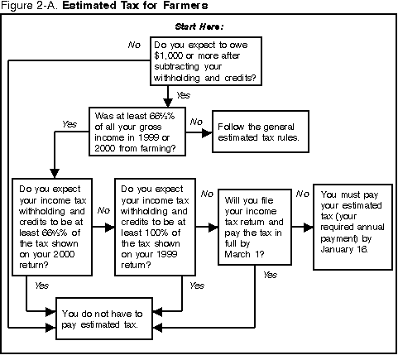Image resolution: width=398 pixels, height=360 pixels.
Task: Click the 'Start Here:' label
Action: [199, 26]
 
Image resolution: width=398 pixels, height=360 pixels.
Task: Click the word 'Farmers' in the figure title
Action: [185, 6]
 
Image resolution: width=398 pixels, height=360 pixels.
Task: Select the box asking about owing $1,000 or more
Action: [206, 61]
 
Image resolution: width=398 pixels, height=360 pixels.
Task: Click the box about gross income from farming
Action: [137, 132]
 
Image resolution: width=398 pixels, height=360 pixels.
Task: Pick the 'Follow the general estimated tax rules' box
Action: [261, 132]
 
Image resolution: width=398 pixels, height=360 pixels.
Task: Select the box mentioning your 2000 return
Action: [52, 227]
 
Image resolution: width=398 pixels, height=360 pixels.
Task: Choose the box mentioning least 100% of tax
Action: [155, 227]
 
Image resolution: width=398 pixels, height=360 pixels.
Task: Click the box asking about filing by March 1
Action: [255, 227]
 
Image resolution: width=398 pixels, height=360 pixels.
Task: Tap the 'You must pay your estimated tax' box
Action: [352, 227]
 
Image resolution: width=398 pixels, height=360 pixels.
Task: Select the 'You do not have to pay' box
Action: [104, 319]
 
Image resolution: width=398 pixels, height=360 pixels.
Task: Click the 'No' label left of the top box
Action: [134, 45]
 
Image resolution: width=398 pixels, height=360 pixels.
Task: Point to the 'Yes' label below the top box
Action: [183, 95]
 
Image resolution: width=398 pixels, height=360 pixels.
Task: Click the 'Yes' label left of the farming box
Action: [70, 124]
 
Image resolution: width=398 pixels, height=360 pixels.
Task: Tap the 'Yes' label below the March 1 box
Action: [270, 275]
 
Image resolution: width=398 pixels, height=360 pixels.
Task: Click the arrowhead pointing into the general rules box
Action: [207, 132]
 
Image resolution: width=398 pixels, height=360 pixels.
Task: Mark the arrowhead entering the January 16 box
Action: [308, 228]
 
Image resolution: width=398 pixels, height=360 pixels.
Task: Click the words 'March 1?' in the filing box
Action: [244, 254]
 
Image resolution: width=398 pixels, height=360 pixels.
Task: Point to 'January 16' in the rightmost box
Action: [343, 249]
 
